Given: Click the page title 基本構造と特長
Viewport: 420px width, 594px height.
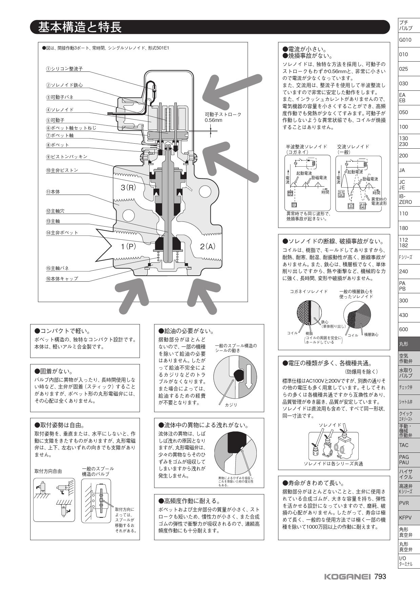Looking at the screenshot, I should point(80,27).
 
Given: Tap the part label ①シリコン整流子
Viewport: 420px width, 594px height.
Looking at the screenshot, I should point(64,69).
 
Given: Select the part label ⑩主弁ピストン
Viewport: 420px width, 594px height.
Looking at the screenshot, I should point(62,170).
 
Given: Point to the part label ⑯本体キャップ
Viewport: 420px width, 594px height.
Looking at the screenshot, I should point(62,279).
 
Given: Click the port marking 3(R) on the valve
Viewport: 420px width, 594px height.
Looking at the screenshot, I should point(128,187).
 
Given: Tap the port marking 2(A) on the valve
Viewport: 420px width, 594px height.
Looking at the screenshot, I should point(208,247).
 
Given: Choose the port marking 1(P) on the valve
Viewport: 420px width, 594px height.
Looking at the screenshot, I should point(128,247).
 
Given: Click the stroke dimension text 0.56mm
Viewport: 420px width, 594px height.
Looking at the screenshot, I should point(213,120).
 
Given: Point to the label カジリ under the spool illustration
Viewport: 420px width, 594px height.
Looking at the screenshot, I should point(231,405).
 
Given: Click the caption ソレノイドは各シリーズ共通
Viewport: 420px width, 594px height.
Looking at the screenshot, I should point(333,464).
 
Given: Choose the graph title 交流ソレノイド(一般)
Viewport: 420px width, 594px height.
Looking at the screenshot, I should point(353,149).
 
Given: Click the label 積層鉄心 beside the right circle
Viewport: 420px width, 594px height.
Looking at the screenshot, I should point(371,334).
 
